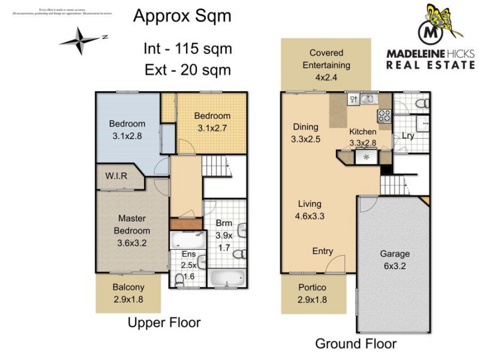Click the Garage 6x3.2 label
394,260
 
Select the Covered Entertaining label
326,65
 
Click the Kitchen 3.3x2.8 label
362,137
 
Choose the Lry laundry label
408,136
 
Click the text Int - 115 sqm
187,48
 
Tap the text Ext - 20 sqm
187,70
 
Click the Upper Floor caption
164,323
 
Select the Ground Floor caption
356,343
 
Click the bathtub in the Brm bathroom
227,279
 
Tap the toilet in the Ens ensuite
180,279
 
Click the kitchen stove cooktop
383,114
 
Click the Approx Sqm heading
182,16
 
